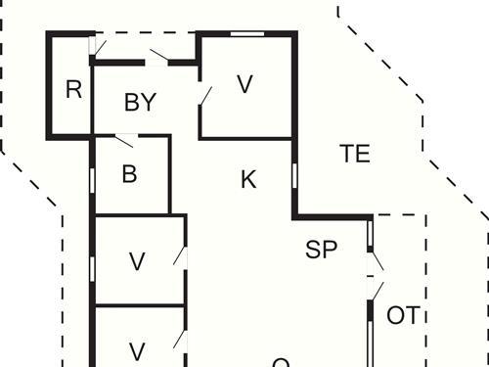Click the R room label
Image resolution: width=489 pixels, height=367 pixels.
73,90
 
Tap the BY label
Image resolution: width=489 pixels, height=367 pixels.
141,103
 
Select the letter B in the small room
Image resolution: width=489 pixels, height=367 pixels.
129,175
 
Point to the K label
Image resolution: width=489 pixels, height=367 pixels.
248,179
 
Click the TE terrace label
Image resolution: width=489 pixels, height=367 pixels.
355,154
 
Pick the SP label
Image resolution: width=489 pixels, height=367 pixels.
321,250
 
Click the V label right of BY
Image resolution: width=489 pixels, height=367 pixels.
244,85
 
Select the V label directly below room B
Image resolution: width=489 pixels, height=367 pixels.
138,261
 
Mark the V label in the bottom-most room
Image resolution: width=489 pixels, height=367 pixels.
138,350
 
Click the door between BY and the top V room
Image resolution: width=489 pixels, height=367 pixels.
204,97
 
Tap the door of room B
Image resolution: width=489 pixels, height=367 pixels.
123,139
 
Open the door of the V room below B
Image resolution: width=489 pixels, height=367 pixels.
180,256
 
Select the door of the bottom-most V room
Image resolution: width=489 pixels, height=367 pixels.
180,340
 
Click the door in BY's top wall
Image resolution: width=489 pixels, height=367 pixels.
158,55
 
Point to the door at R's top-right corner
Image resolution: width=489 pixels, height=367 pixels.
93,46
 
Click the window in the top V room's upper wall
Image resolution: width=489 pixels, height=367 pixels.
246,34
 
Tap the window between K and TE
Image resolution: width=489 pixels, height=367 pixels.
294,175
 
